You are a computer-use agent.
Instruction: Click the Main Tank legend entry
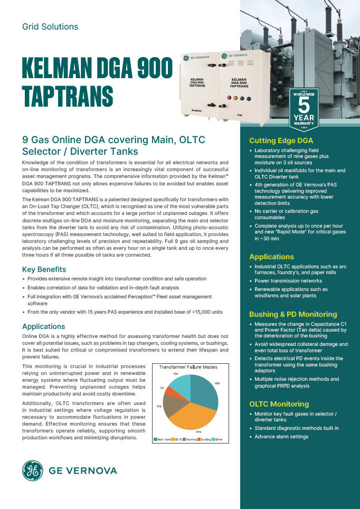click(x=161, y=439)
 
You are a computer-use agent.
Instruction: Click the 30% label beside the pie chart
click(x=217, y=383)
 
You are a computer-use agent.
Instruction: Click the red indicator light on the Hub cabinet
click(x=229, y=98)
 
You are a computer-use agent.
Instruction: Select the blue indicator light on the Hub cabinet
click(x=248, y=98)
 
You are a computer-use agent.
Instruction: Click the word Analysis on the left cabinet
click(x=197, y=110)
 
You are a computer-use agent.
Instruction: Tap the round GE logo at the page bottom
click(x=33, y=470)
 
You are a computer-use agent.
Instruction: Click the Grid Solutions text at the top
click(x=50, y=26)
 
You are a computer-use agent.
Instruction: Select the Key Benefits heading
click(x=44, y=269)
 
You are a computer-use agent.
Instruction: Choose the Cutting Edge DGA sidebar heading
click(x=281, y=140)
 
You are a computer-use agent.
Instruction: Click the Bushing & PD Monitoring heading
click(x=292, y=314)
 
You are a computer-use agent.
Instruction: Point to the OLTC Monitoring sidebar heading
click(x=279, y=404)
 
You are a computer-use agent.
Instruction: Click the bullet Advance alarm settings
click(x=281, y=437)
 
